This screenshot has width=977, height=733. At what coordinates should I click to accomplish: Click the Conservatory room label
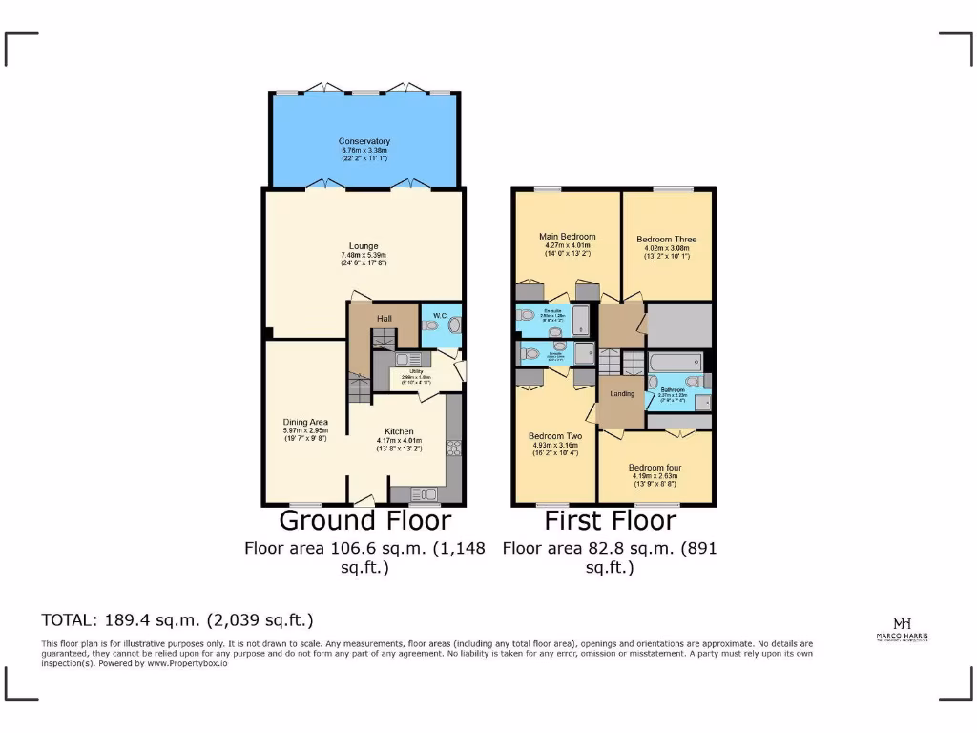(x=364, y=142)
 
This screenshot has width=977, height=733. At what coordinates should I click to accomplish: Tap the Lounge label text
(x=364, y=246)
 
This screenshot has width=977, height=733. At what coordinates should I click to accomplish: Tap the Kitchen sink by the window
(x=421, y=493)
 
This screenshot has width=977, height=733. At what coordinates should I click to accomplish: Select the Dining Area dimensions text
(x=305, y=430)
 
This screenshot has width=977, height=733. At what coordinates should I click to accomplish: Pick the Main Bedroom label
(x=567, y=237)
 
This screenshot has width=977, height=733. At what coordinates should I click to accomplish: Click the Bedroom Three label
(x=666, y=240)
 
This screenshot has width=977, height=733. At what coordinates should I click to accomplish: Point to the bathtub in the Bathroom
(x=675, y=363)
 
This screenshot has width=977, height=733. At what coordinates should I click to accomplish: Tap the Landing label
(x=621, y=394)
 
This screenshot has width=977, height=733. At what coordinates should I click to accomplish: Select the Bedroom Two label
(x=554, y=436)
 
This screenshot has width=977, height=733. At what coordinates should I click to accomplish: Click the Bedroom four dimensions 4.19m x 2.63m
(x=654, y=476)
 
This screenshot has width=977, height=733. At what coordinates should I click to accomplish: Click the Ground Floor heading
(x=364, y=521)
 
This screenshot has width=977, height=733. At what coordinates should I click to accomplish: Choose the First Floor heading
(x=610, y=521)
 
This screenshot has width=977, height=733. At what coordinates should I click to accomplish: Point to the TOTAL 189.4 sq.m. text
(x=177, y=619)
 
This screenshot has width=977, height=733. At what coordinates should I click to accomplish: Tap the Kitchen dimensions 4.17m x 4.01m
(x=399, y=440)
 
